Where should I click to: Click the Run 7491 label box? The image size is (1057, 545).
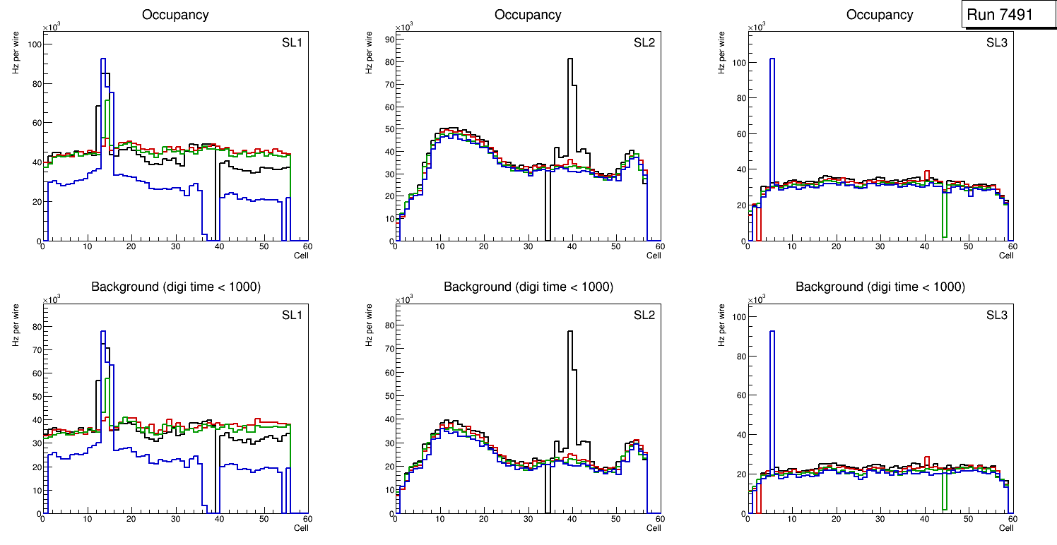(1008, 14)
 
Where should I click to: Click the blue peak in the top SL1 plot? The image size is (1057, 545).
(103, 60)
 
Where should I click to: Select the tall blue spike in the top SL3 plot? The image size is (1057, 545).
(772, 60)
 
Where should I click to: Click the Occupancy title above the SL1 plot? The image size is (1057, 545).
(175, 14)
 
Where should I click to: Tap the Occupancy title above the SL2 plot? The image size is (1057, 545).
(528, 14)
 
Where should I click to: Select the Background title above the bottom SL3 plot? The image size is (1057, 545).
(880, 287)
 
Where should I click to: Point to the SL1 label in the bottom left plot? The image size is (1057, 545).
(292, 315)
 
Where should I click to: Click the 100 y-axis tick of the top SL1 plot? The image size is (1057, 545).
(33, 44)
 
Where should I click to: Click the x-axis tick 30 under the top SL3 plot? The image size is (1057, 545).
(880, 246)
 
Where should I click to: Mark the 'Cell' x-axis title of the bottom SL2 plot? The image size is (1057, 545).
(654, 528)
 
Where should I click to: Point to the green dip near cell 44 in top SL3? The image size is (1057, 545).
(944, 233)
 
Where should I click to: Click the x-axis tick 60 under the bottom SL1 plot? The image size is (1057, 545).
(307, 519)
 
